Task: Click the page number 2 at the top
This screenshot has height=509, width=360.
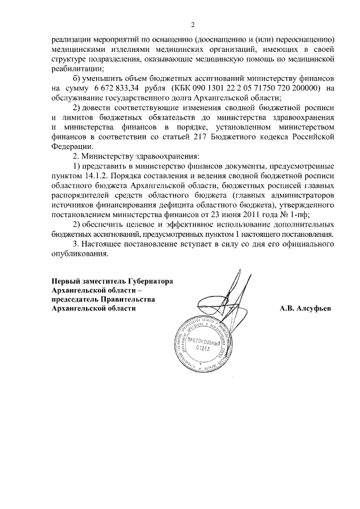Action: point(192,25)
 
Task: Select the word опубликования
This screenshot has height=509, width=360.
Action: point(79,254)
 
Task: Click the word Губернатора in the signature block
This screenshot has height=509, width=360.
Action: point(145,281)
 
